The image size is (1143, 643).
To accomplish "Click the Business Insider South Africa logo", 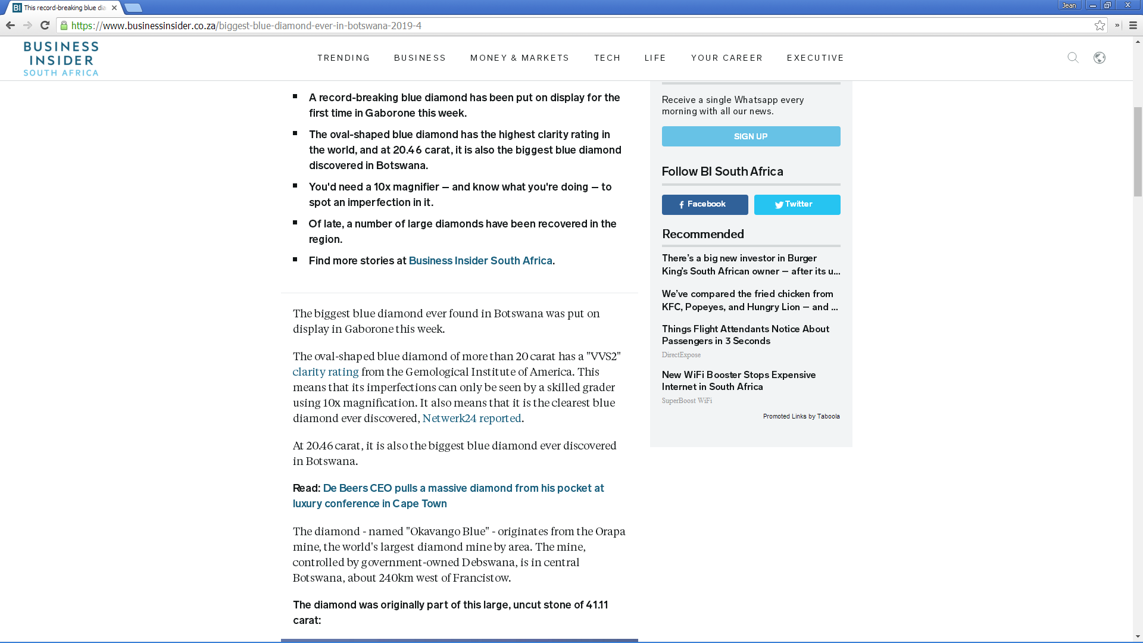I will tap(61, 58).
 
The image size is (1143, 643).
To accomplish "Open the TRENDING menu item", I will tap(343, 58).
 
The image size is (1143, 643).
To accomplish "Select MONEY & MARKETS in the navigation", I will tap(520, 58).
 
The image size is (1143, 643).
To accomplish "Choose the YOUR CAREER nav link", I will tap(727, 58).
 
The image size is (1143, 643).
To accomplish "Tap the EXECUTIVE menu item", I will tap(816, 58).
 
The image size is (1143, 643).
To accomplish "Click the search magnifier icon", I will tap(1073, 58).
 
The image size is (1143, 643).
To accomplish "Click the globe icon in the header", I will tap(1100, 58).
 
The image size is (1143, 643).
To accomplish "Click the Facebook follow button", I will tap(705, 204).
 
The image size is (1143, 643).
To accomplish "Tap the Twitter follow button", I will tap(797, 204).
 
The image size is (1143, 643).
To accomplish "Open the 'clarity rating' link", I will tap(326, 372).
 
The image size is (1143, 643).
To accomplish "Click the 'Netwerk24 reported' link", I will tap(471, 419).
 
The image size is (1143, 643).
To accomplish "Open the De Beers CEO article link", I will tap(448, 495).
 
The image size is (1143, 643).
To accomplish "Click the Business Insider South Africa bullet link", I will tap(480, 261).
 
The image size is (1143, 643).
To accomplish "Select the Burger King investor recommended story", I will tap(751, 264).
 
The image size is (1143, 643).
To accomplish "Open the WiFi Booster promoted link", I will tap(739, 380).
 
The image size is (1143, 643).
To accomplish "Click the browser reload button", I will tap(45, 25).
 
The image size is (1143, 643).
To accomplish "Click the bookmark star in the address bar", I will tap(1100, 26).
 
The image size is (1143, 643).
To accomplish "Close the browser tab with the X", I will tap(114, 8).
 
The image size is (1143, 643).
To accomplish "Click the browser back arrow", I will tap(10, 25).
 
